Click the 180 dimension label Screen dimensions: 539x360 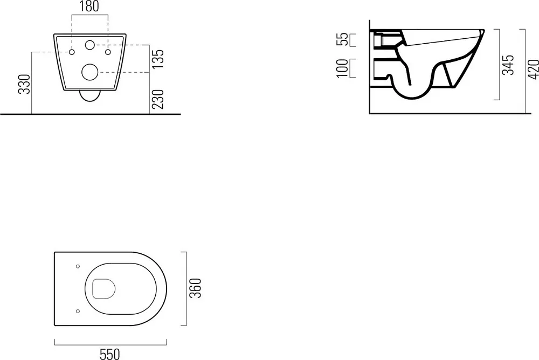[89, 6]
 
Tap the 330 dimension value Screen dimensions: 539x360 [25, 84]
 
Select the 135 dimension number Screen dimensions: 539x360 [158, 59]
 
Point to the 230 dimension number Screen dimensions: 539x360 [158, 99]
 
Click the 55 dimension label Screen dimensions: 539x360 [342, 39]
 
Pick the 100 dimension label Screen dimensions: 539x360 [342, 68]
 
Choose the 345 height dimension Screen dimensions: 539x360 [508, 65]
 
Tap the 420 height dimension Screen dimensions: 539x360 [533, 70]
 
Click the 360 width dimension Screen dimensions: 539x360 [196, 288]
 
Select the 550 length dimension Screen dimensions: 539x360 [110, 354]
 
